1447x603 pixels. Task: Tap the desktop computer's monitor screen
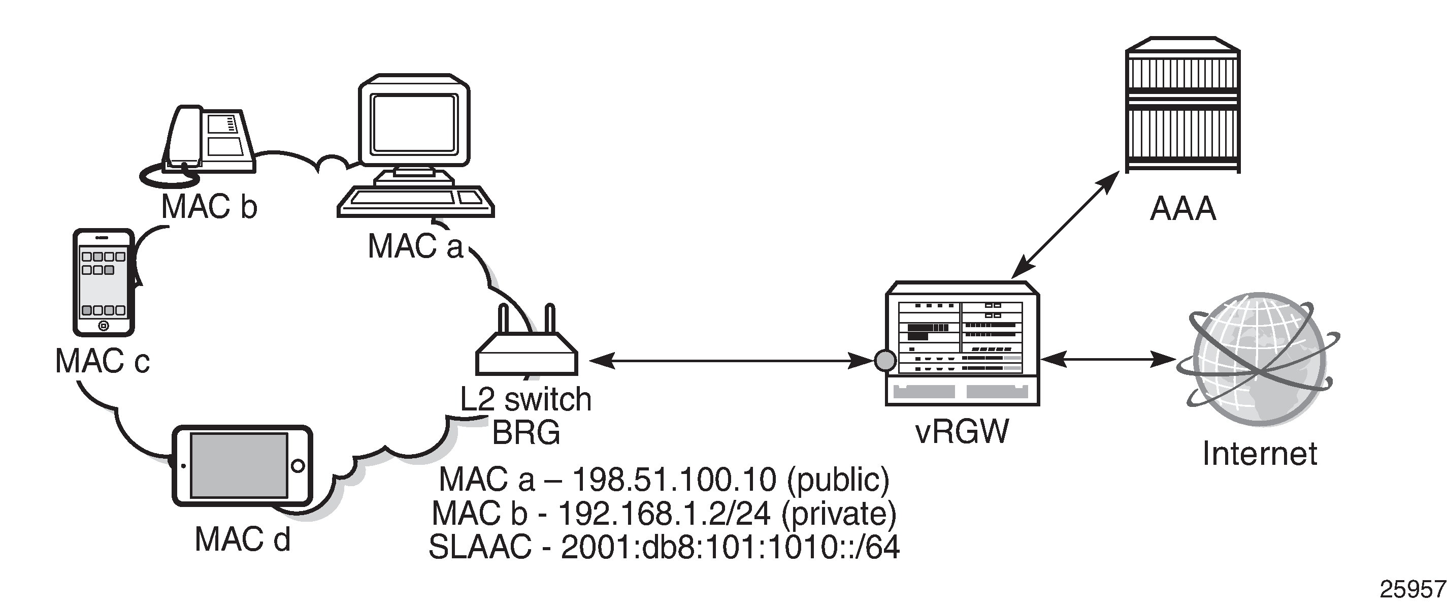click(x=414, y=128)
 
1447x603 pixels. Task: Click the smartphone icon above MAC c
click(x=104, y=282)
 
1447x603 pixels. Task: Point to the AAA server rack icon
click(x=1183, y=105)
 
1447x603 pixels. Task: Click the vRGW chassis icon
click(x=962, y=343)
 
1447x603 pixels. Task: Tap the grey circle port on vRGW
click(x=886, y=360)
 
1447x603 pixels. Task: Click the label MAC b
click(x=209, y=206)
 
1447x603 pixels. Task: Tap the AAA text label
click(x=1183, y=209)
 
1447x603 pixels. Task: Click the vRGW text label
click(x=962, y=432)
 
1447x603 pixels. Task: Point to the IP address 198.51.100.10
click(x=674, y=480)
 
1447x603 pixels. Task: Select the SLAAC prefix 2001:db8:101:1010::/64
click(x=730, y=547)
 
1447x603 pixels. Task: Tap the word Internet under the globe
click(x=1259, y=454)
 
